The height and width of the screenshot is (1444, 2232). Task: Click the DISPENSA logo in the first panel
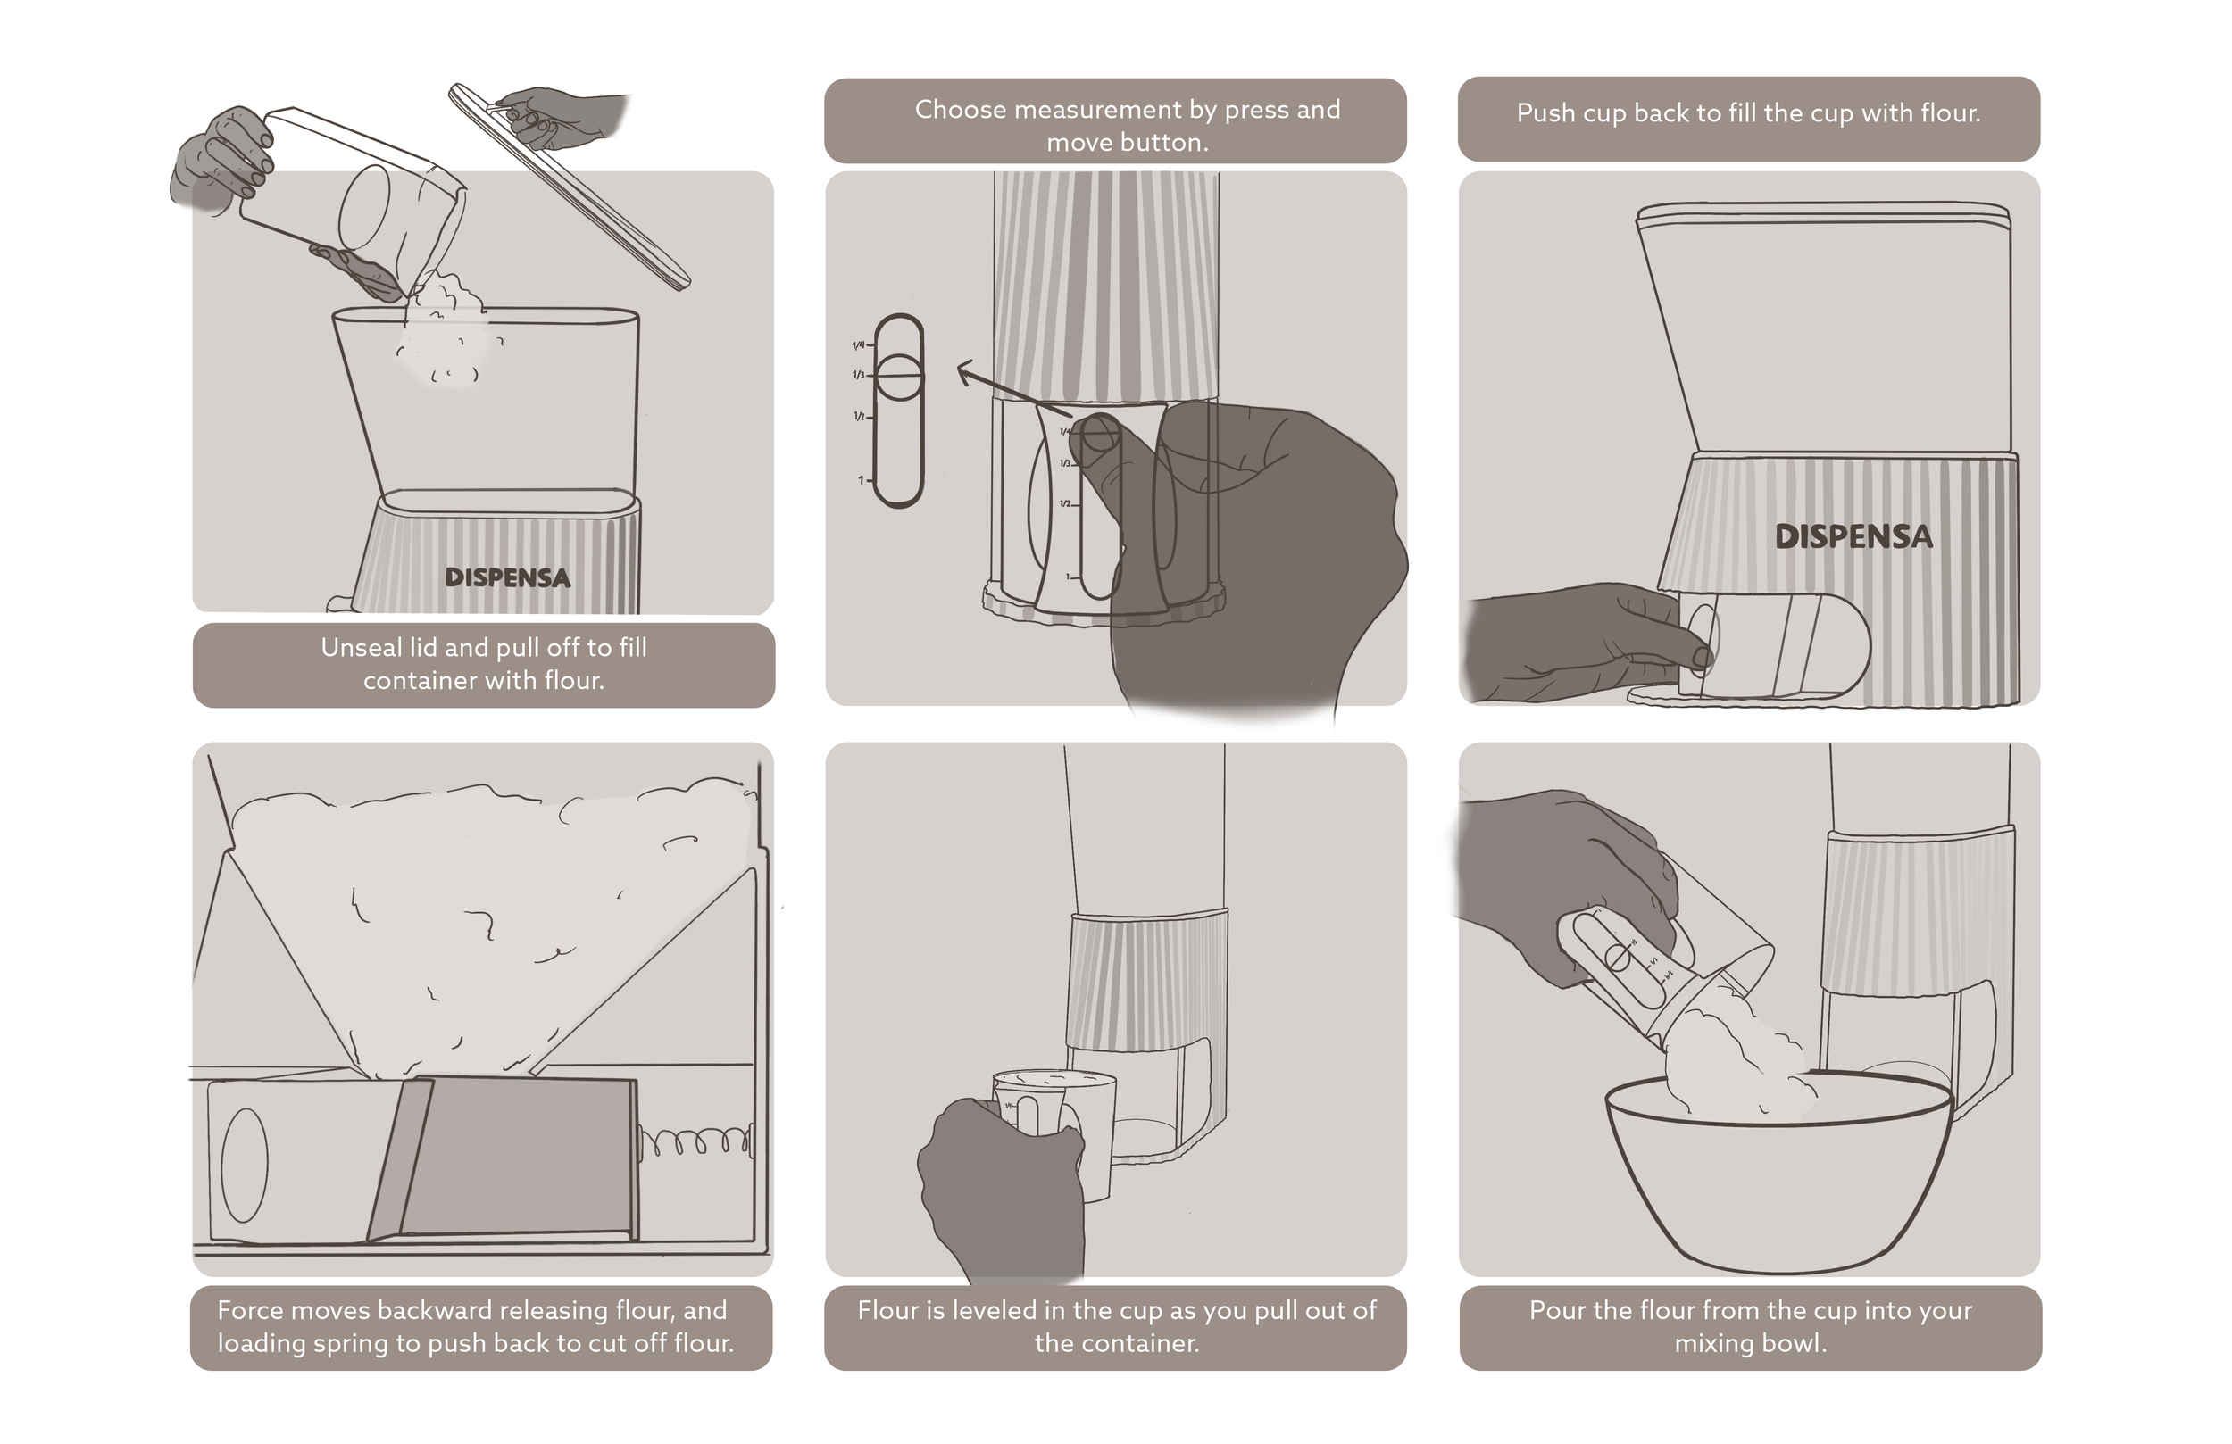click(507, 577)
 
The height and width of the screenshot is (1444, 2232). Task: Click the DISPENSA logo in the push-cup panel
click(1854, 536)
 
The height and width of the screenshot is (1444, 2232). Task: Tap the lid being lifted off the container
click(570, 186)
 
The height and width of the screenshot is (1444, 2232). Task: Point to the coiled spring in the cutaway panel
click(695, 1141)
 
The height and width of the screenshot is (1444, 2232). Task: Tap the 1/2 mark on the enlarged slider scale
click(859, 416)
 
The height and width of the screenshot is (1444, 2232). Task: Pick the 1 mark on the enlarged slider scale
click(862, 481)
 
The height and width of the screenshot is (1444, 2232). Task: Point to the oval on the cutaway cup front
click(244, 1165)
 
